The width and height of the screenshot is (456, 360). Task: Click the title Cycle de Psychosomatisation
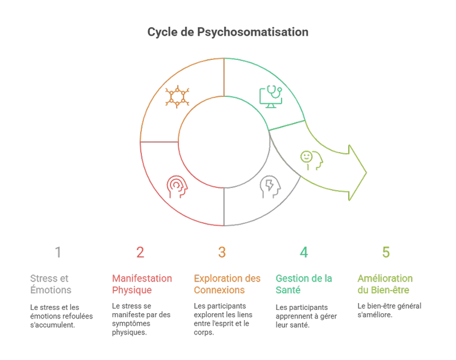[228, 32]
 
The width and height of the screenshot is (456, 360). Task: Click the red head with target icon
[177, 186]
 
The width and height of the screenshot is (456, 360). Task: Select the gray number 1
[59, 252]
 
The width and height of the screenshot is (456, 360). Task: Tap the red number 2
[141, 252]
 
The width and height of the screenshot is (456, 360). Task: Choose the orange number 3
[222, 252]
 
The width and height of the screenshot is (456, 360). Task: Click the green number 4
[304, 252]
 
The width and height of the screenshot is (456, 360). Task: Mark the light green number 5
[386, 252]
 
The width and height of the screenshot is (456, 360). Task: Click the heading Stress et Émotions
[50, 284]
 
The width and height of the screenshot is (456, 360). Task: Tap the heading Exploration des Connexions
[227, 284]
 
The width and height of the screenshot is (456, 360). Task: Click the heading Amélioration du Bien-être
[385, 284]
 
